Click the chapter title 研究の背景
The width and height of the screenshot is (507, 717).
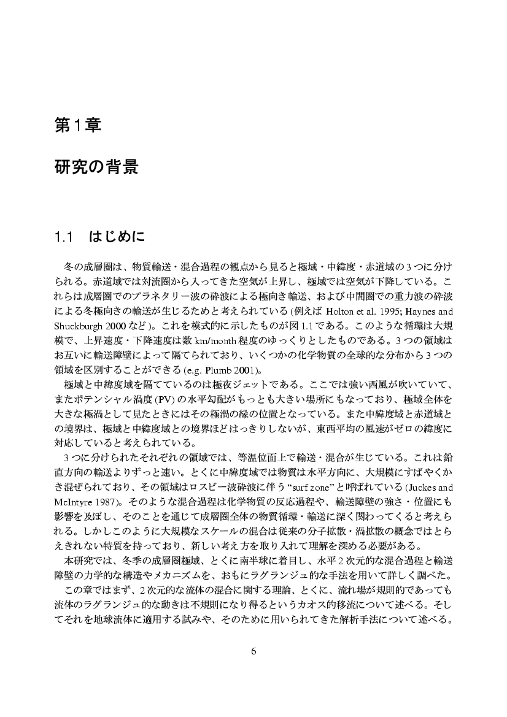click(96, 167)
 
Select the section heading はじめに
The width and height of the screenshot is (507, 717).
click(118, 236)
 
